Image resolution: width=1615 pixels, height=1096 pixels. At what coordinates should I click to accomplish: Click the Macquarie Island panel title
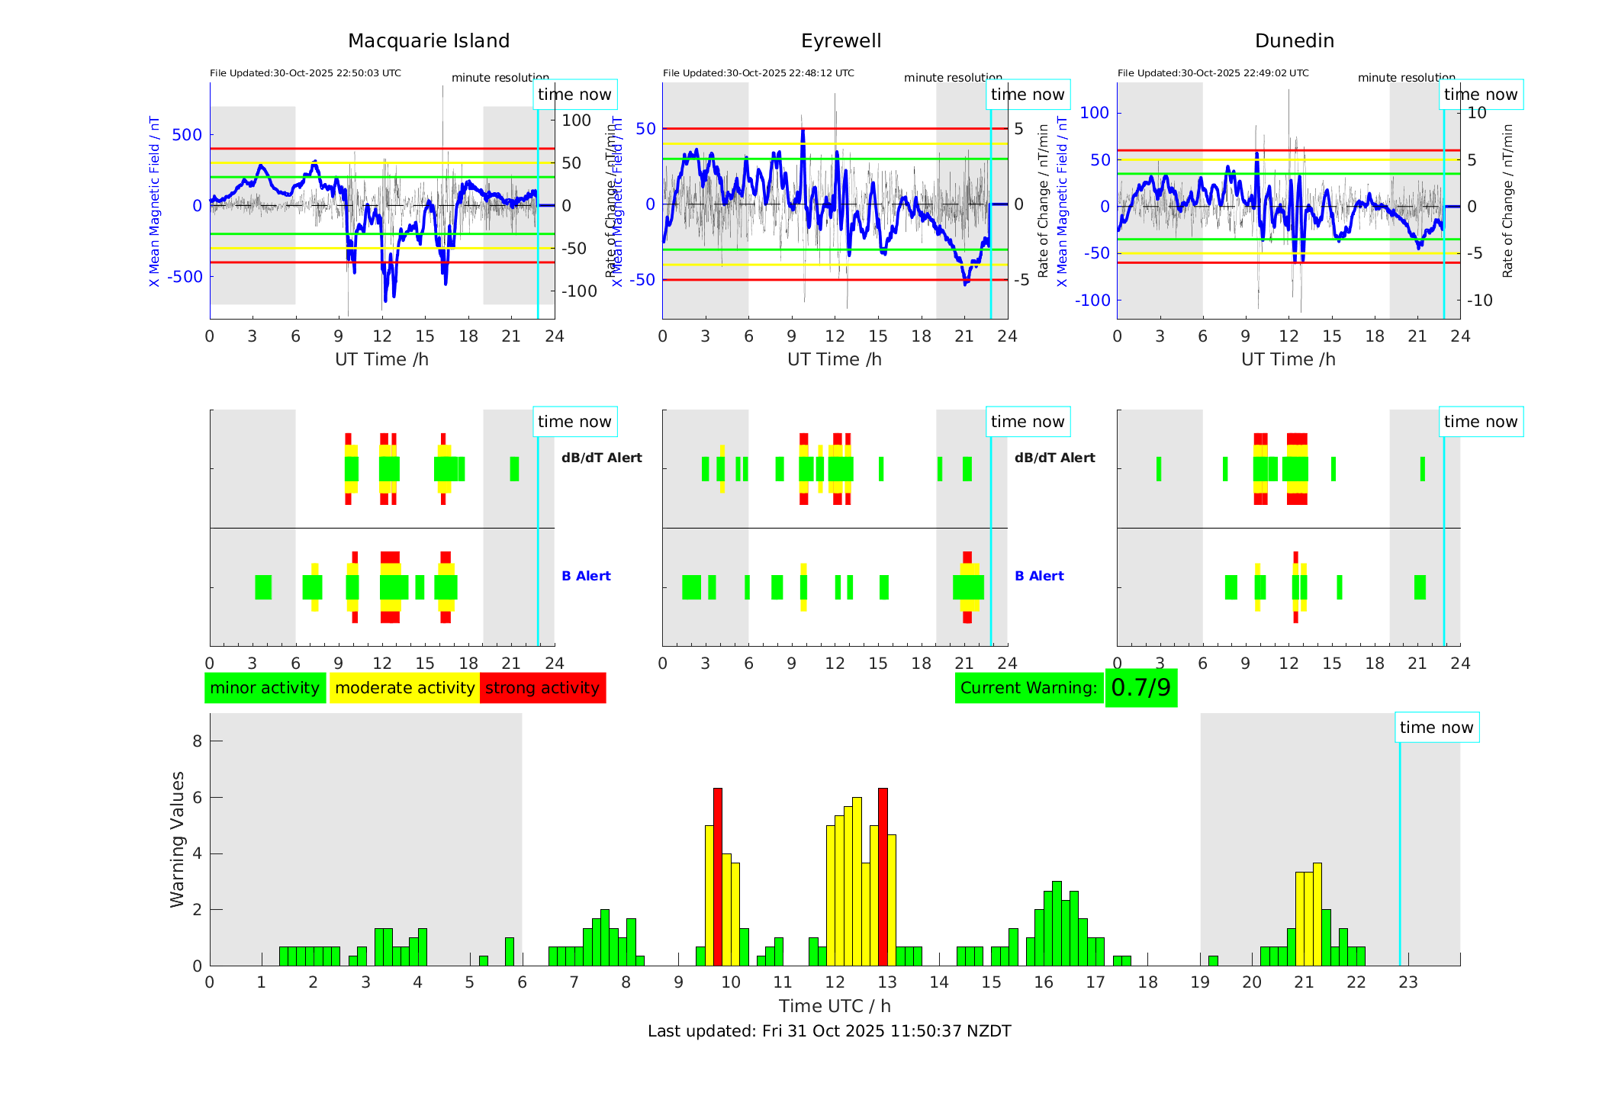[428, 41]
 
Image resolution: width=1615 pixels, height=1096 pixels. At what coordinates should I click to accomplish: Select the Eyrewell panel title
[841, 41]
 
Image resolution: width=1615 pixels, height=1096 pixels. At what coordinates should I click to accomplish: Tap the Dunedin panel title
[1294, 41]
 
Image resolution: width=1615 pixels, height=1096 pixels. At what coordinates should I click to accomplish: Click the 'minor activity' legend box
[265, 688]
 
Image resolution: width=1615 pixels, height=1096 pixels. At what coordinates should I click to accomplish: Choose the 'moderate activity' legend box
[404, 688]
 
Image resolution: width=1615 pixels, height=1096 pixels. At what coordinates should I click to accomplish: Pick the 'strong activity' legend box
[542, 688]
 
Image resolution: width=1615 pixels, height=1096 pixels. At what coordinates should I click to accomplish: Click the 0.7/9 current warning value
[1140, 688]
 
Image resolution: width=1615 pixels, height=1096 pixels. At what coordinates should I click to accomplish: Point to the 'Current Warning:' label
[1028, 688]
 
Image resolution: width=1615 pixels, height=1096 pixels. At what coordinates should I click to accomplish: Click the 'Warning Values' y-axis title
[177, 839]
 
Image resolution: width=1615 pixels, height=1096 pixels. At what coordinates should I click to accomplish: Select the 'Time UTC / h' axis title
[835, 1006]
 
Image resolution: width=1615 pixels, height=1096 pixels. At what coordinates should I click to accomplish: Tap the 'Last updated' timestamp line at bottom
[829, 1031]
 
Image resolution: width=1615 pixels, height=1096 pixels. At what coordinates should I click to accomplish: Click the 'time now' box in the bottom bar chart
[1436, 728]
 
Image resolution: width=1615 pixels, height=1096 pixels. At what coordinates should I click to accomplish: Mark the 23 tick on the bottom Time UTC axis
[1408, 982]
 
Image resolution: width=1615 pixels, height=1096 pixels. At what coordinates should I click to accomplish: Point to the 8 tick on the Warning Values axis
[198, 741]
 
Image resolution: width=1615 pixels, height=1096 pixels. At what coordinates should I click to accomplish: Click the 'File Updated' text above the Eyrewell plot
[758, 73]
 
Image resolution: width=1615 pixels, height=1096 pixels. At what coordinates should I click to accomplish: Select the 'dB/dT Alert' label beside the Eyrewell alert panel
[1054, 458]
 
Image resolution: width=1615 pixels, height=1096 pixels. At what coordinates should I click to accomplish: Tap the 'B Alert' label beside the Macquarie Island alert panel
[586, 576]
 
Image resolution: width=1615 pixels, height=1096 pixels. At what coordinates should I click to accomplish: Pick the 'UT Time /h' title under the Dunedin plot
[1288, 359]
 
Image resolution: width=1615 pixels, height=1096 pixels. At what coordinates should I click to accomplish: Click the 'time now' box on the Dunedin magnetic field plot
[1481, 95]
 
